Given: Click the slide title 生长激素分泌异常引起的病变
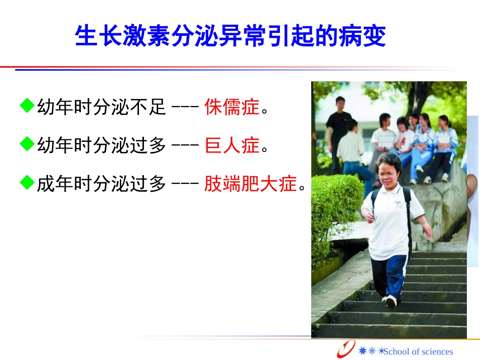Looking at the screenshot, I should click(230, 36).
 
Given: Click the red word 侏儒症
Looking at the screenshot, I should click(231, 107).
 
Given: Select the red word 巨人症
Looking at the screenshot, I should click(231, 146).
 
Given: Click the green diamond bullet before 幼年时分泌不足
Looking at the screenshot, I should click(26, 106).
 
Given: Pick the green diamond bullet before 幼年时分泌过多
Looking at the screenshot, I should click(26, 145).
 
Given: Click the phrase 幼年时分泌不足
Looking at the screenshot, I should click(101, 107).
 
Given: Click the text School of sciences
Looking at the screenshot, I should click(418, 351).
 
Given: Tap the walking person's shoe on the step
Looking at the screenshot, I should click(390, 301).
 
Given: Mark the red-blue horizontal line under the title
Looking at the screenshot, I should click(227, 68).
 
